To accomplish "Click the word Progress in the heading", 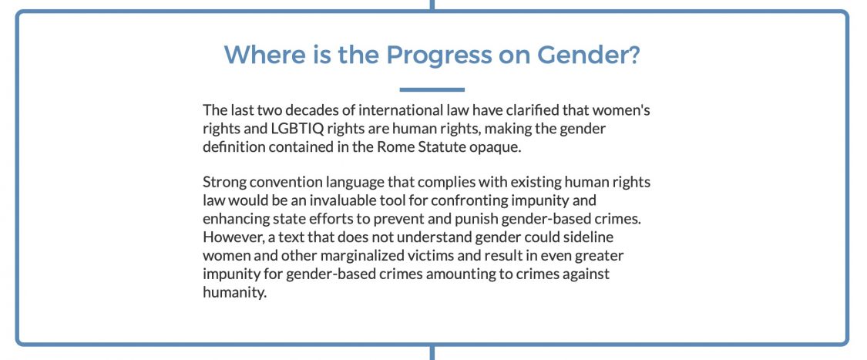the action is point(439,56).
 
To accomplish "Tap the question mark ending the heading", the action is point(633,54).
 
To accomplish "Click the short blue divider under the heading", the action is point(432,89).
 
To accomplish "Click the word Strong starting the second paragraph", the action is point(222,183).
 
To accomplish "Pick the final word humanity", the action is point(234,293).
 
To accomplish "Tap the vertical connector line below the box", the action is point(432,353).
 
